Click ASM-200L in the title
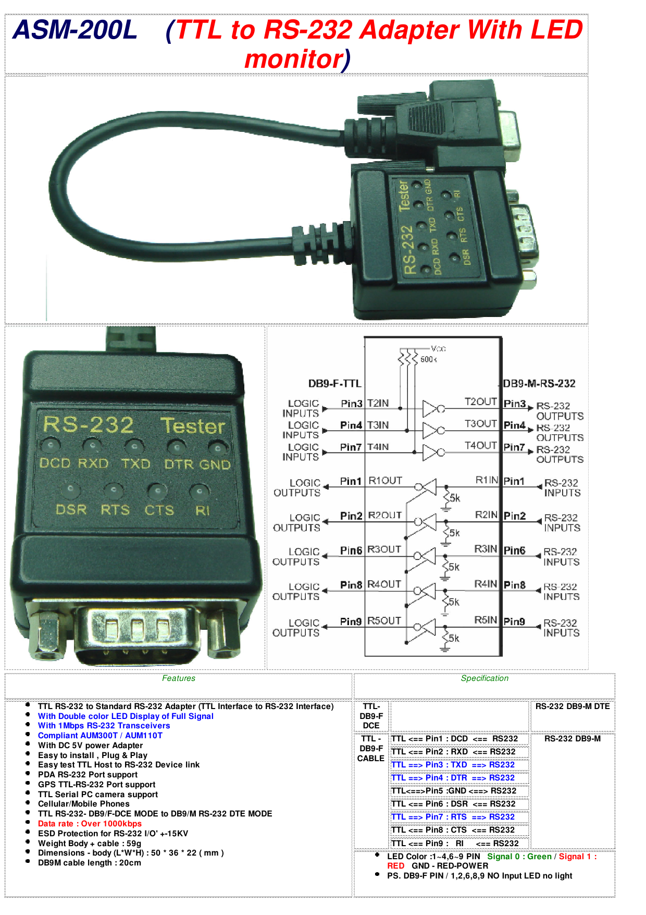click(75, 30)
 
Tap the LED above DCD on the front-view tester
click(51, 446)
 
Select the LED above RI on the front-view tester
click(200, 492)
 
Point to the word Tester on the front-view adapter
click(193, 426)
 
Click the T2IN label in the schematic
click(378, 403)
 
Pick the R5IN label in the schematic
click(486, 620)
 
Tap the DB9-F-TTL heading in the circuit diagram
click(334, 384)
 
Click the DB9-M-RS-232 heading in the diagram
click(539, 384)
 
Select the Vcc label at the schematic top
click(438, 348)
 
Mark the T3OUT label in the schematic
click(480, 423)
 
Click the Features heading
click(178, 678)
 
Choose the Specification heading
click(484, 678)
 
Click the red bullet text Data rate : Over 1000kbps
click(90, 824)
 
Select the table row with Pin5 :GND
click(453, 791)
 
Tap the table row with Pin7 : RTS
click(453, 817)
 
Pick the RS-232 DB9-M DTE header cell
click(572, 706)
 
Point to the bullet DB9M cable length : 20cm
click(89, 863)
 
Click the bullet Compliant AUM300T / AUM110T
click(100, 736)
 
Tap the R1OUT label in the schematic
click(385, 481)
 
